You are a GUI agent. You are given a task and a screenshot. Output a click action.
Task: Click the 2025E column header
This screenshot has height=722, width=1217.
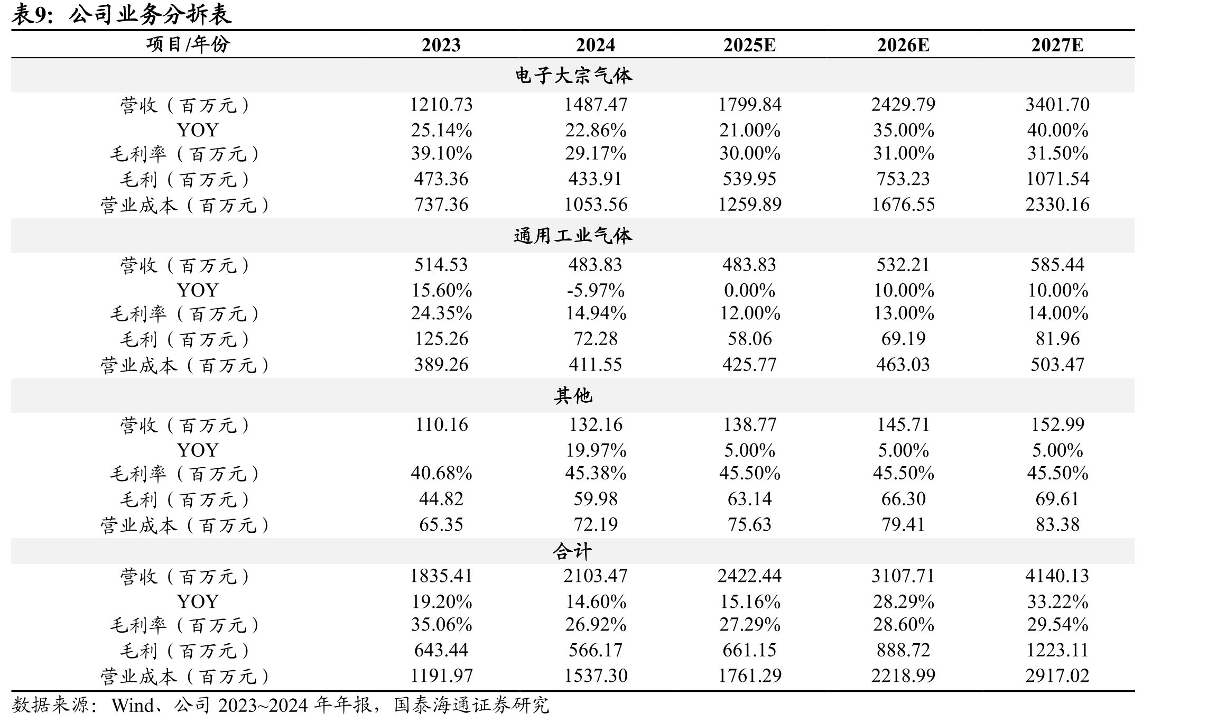749,45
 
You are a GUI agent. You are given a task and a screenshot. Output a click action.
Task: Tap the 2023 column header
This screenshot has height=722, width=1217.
441,45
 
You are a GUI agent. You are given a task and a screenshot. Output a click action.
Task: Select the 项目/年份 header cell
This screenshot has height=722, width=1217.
188,44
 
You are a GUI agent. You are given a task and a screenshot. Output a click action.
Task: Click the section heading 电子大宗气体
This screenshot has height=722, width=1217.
573,76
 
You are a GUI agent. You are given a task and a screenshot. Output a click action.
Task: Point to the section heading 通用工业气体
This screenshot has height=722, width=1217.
573,236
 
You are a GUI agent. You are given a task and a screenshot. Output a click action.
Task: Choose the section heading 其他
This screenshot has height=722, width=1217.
573,395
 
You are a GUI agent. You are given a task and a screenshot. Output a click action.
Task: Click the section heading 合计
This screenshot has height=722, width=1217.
573,551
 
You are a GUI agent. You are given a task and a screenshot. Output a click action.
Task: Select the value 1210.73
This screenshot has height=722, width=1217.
441,105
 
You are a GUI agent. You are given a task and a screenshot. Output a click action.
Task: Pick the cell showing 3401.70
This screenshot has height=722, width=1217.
1057,105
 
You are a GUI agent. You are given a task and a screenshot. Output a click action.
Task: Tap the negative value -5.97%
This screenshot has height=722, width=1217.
596,290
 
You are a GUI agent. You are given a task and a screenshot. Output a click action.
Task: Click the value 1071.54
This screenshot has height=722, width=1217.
1057,179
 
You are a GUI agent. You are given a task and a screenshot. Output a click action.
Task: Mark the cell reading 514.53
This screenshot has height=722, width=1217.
441,264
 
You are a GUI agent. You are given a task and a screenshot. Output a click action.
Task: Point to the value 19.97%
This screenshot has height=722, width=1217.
596,450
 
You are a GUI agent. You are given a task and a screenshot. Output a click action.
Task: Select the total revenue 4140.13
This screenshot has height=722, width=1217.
1057,576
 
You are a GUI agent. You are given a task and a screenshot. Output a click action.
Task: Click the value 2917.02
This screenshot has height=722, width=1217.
1057,675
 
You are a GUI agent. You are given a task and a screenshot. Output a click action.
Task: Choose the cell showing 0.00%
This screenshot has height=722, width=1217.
749,290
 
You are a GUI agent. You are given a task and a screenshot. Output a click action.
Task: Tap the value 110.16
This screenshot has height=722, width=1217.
441,424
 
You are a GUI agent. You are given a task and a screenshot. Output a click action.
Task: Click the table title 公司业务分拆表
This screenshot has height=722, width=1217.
150,14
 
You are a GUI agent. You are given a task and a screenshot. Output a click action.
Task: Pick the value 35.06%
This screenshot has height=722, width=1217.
441,625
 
